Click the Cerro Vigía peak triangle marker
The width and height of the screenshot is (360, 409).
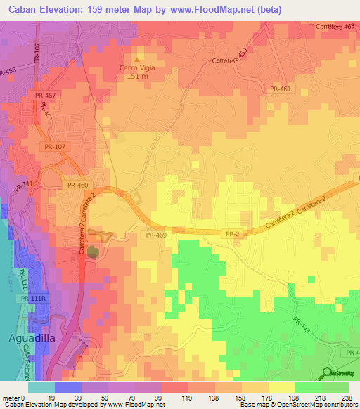click(138, 59)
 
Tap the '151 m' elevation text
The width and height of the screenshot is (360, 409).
click(138, 77)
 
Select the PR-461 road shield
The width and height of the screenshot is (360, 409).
click(280, 89)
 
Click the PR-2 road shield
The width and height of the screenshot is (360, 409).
click(233, 233)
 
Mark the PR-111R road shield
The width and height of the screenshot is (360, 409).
click(33, 299)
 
